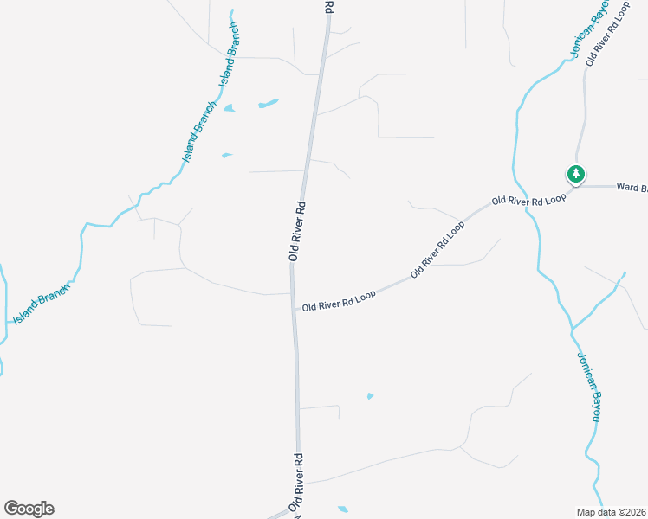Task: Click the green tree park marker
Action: [575, 175]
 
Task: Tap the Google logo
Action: [29, 509]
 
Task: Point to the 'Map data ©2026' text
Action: [612, 512]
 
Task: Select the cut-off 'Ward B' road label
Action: [632, 186]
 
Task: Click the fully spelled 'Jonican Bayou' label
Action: [588, 386]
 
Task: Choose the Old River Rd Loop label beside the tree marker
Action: [528, 199]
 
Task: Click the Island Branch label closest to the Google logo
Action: [40, 307]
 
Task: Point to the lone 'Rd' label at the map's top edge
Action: [329, 6]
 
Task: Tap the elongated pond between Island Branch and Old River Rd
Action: [268, 105]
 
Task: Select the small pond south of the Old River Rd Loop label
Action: [370, 396]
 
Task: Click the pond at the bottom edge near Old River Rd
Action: [343, 509]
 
